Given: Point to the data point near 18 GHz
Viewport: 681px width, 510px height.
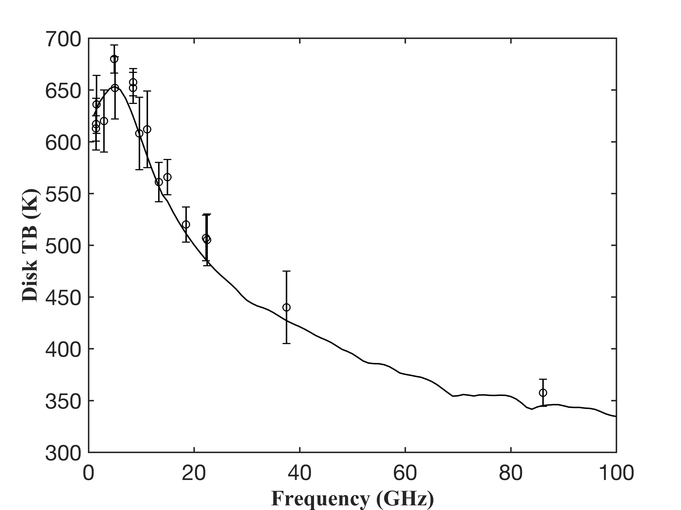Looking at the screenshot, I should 186,224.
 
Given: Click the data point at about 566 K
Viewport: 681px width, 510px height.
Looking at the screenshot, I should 168,177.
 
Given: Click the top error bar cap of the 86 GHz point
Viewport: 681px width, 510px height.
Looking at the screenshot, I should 543,379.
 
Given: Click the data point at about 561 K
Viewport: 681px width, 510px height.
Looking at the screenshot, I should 159,182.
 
